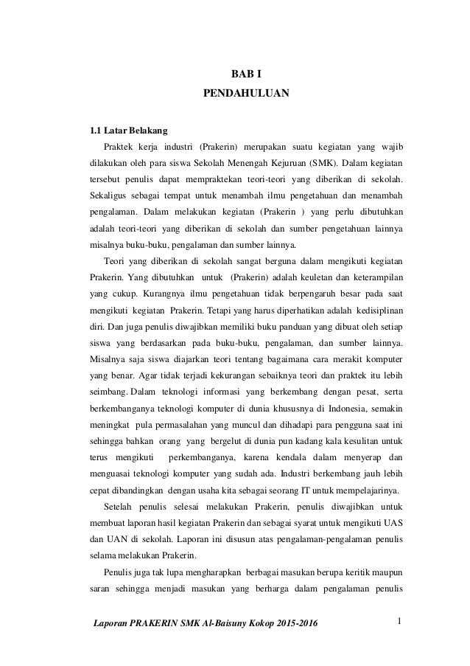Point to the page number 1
pyautogui.click(x=398, y=624)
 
